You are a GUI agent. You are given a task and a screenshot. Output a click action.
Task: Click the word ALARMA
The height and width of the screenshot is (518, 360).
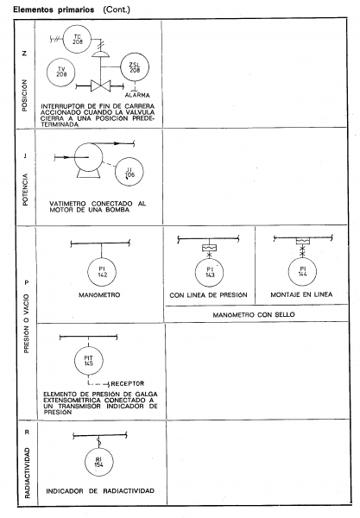click(x=137, y=95)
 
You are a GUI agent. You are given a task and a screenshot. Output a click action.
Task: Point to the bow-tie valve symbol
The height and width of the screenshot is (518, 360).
click(x=100, y=86)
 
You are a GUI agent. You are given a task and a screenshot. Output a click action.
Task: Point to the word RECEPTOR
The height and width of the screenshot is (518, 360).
click(x=128, y=383)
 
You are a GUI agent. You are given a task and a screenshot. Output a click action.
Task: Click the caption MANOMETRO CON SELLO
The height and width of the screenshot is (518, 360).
click(x=254, y=314)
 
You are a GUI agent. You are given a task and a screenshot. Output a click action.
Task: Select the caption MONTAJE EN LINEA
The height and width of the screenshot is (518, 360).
click(x=301, y=294)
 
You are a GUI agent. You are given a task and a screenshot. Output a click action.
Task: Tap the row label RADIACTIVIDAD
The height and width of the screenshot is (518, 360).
click(x=27, y=473)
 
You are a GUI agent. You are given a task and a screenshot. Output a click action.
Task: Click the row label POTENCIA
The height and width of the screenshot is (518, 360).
click(x=25, y=190)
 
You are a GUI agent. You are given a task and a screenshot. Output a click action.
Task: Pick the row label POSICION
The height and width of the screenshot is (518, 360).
click(x=25, y=96)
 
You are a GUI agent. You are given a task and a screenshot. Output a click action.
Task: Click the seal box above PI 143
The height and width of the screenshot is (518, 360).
click(x=209, y=248)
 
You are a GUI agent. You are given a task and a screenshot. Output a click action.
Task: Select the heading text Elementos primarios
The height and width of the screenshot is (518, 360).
click(x=54, y=9)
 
